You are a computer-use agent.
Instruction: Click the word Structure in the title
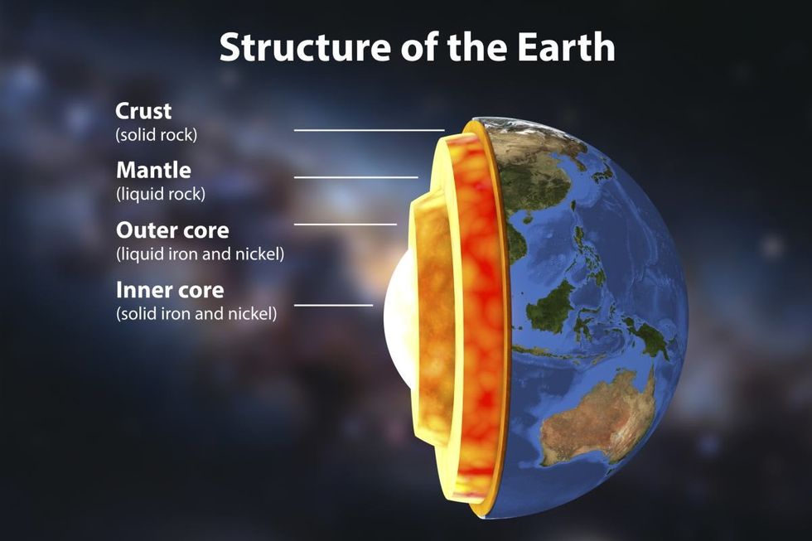click(x=292, y=48)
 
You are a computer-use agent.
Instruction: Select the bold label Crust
click(x=143, y=110)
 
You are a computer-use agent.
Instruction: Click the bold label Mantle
click(x=153, y=171)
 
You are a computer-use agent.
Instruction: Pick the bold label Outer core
click(x=172, y=230)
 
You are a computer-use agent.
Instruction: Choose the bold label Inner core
click(x=170, y=291)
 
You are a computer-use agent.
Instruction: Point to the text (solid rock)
click(x=157, y=133)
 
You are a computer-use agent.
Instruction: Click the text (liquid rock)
click(x=161, y=194)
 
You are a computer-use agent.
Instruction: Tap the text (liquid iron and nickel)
click(x=201, y=254)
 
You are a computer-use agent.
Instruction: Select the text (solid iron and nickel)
click(x=196, y=314)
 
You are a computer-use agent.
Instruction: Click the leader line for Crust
click(x=369, y=130)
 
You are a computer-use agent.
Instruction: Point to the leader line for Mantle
click(x=355, y=177)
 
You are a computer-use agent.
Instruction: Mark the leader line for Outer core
click(x=345, y=224)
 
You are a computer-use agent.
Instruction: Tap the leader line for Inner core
click(x=333, y=305)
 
